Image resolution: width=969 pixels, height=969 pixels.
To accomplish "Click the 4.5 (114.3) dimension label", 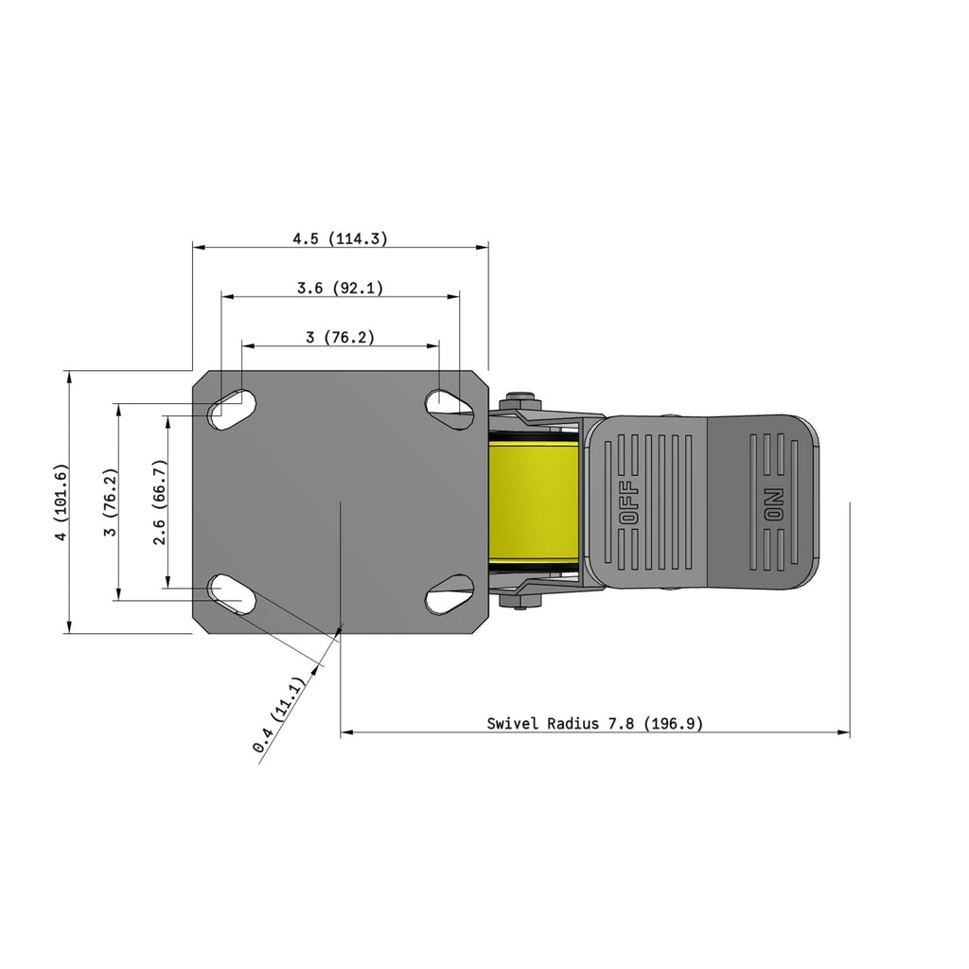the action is pyautogui.click(x=340, y=238).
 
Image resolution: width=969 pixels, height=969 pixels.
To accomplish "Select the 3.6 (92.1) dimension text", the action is pyautogui.click(x=340, y=288).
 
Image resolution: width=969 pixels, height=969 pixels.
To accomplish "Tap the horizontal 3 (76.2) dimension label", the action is pyautogui.click(x=340, y=337).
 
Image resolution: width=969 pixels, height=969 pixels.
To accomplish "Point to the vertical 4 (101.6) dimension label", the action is pyautogui.click(x=61, y=502).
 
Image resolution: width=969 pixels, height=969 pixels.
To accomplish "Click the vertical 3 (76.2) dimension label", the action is pyautogui.click(x=111, y=502).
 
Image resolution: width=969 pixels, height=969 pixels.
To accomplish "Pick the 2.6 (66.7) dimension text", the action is pyautogui.click(x=159, y=502).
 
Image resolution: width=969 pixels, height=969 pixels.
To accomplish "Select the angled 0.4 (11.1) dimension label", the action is pyautogui.click(x=279, y=715).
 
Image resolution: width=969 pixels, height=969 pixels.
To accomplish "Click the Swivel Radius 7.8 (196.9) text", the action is pyautogui.click(x=594, y=723).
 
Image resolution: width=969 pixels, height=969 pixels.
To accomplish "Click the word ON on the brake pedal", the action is pyautogui.click(x=774, y=505).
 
